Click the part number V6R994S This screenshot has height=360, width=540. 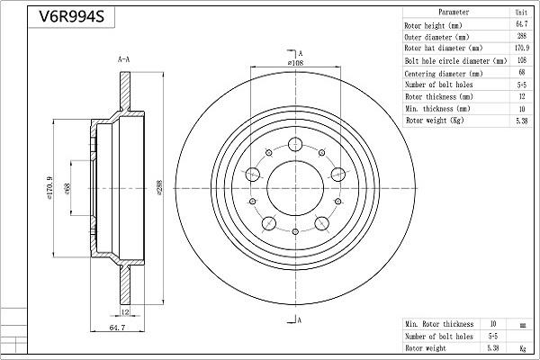[x=71, y=16]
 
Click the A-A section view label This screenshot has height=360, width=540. [x=123, y=59]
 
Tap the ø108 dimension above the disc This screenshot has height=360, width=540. [x=295, y=63]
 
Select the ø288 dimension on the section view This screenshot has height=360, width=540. [x=159, y=188]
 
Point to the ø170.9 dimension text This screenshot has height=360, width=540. [x=49, y=188]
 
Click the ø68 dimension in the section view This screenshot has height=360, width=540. [x=67, y=188]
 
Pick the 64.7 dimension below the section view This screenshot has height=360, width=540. [x=117, y=328]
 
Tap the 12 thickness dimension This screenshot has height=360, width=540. [x=125, y=311]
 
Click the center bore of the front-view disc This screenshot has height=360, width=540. [x=295, y=188]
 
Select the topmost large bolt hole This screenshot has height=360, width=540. [x=295, y=144]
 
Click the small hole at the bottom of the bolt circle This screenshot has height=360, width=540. [x=295, y=231]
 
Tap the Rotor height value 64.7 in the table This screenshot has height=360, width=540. [x=521, y=24]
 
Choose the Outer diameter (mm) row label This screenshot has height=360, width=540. [x=436, y=37]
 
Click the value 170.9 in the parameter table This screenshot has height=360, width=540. [x=522, y=48]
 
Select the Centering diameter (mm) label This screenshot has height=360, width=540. [x=444, y=74]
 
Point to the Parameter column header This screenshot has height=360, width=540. [x=454, y=12]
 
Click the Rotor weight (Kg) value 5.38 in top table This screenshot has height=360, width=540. [x=522, y=121]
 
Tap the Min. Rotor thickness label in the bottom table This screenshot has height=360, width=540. [x=439, y=324]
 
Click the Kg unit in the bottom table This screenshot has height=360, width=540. [x=522, y=348]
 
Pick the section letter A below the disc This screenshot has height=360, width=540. [x=300, y=320]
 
